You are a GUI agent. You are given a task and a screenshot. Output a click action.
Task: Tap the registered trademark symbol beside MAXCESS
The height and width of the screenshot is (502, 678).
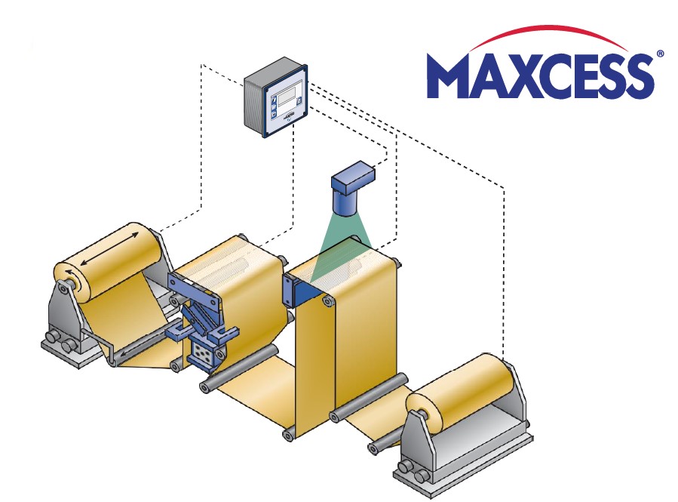tap(660, 54)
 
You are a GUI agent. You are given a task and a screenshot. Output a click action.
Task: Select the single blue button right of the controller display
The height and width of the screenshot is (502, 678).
tap(299, 100)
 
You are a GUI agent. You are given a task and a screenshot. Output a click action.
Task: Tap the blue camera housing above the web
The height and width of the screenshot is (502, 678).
tap(352, 187)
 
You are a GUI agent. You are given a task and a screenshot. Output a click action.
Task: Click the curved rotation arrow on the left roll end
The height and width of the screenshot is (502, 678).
tap(69, 273)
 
